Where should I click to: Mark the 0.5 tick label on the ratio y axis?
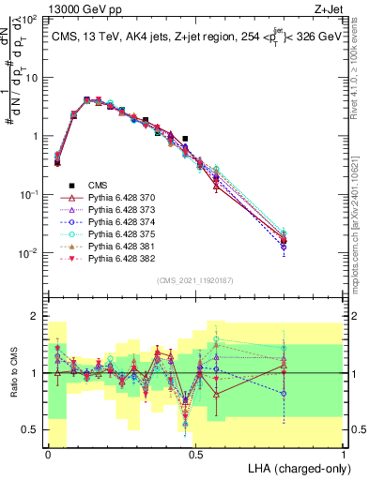coord(31,430)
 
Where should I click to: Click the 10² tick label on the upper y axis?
coord(31,20)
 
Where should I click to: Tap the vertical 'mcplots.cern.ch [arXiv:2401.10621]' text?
coord(361,225)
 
